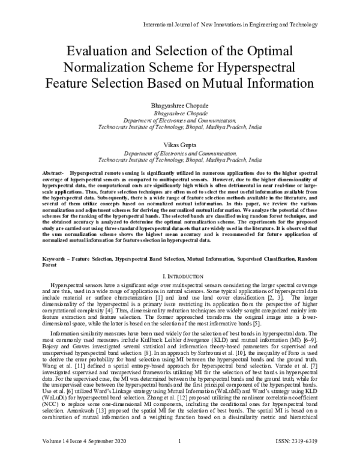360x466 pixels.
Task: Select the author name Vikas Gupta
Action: point(180,145)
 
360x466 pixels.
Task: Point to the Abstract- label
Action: point(53,173)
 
